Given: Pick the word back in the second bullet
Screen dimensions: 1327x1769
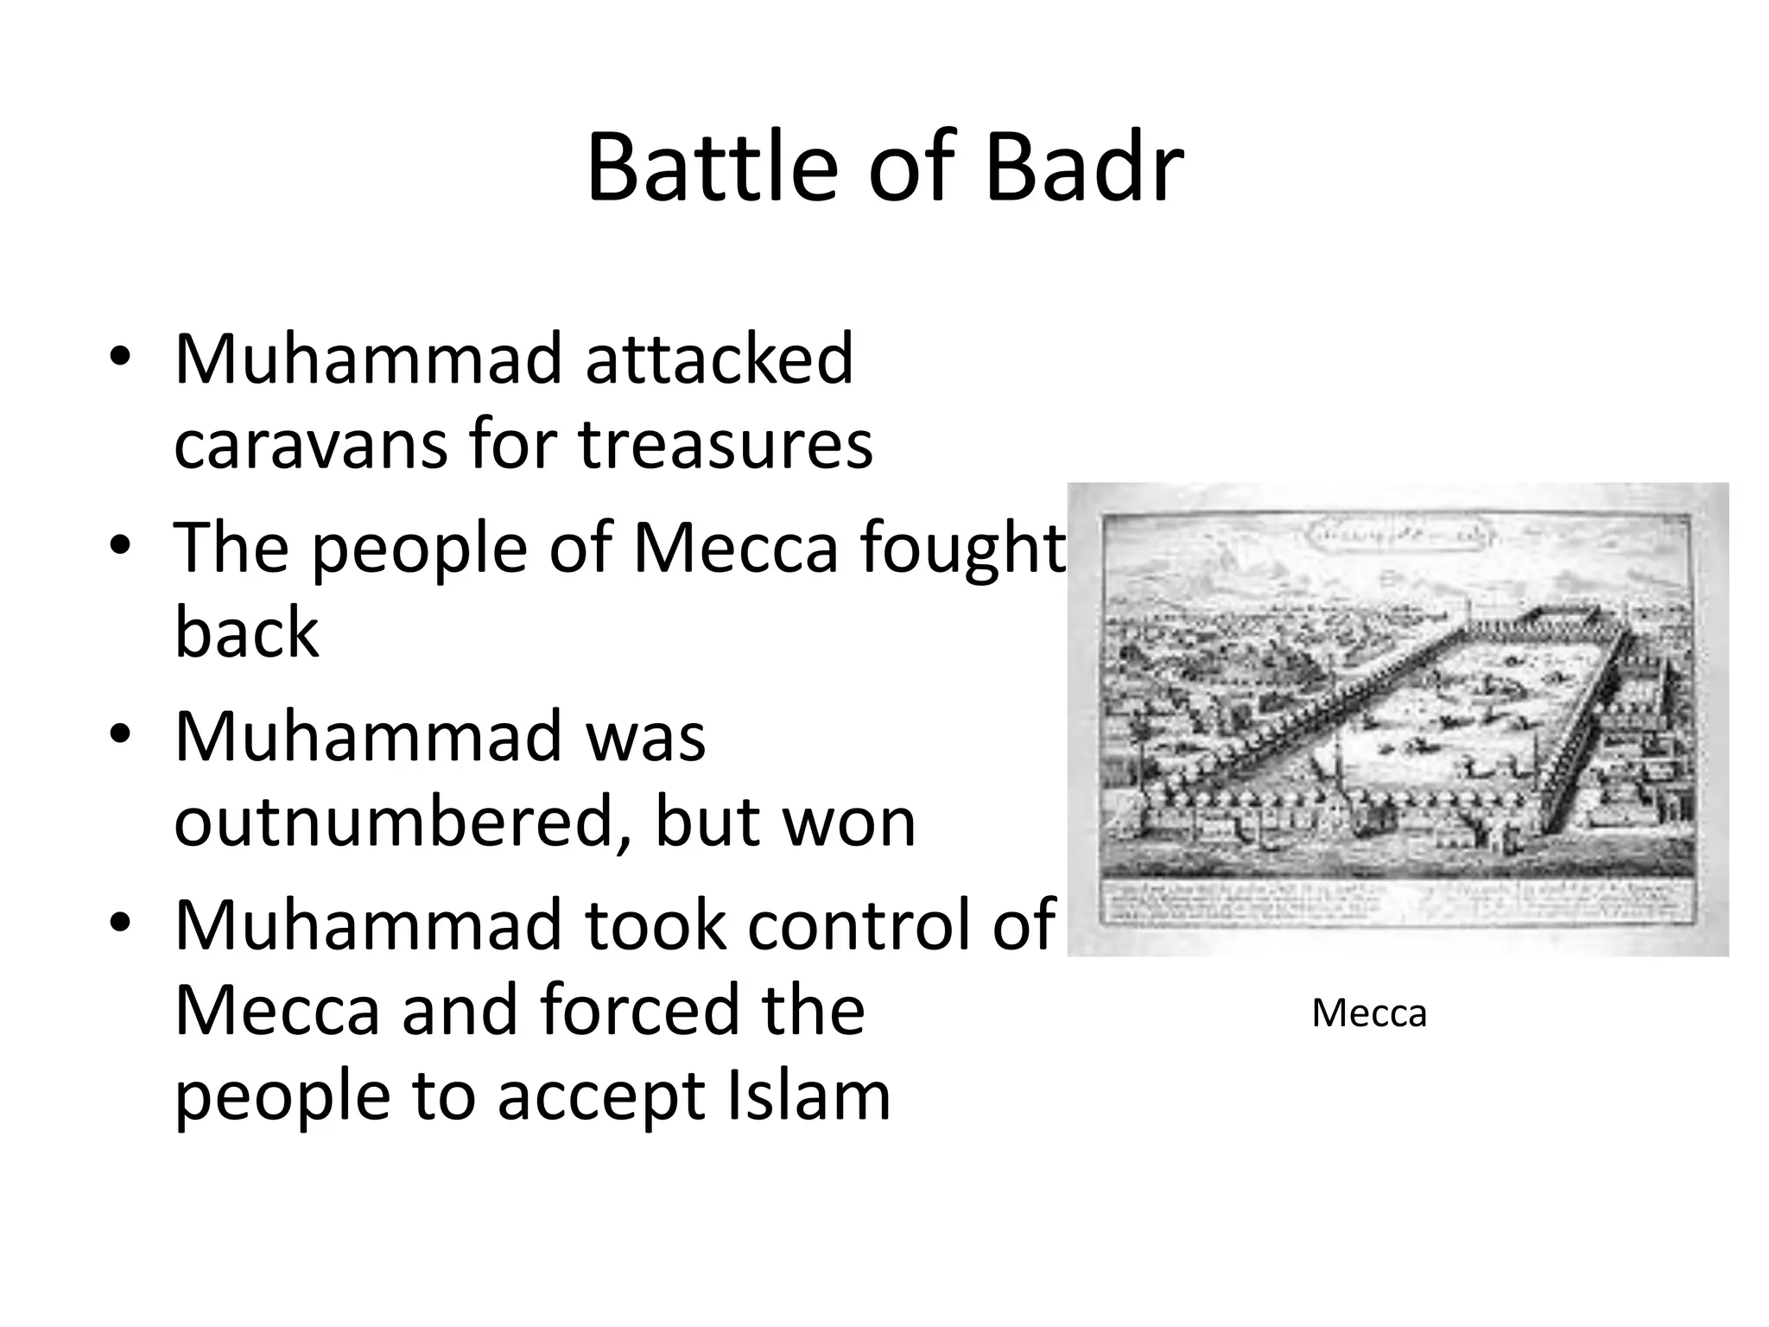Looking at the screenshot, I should click(247, 632).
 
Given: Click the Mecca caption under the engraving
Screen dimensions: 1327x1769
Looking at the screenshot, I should click(1369, 1013).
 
